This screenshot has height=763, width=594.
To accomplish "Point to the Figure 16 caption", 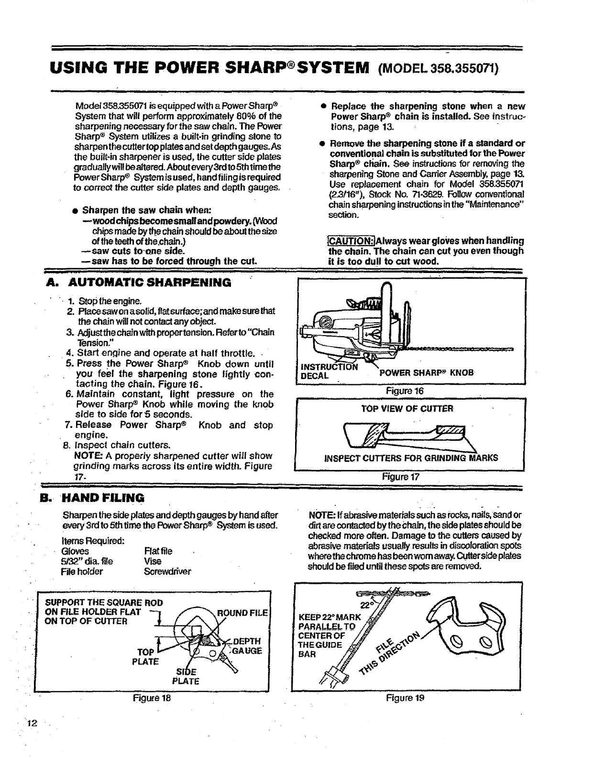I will coord(408,391).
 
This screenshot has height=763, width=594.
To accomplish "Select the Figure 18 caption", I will coord(152,697).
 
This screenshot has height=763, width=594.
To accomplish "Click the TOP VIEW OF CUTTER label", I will coord(407,409).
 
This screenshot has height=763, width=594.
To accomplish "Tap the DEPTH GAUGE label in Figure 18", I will coord(246,646).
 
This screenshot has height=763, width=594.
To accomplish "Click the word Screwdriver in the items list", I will coord(167,571).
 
